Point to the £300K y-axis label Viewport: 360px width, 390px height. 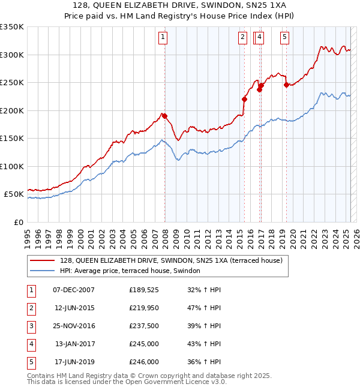pyautogui.click(x=12, y=55)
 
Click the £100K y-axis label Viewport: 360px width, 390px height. pyautogui.click(x=12, y=166)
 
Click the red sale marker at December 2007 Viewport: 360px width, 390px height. pyautogui.click(x=164, y=116)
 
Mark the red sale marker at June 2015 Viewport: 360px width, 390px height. pyautogui.click(x=244, y=99)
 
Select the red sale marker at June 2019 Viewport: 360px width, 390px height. pyautogui.click(x=287, y=85)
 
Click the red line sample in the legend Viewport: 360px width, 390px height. pyautogui.click(x=43, y=260)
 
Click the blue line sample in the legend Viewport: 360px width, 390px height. pyautogui.click(x=43, y=271)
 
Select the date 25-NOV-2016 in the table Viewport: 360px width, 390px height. pyautogui.click(x=74, y=326)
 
